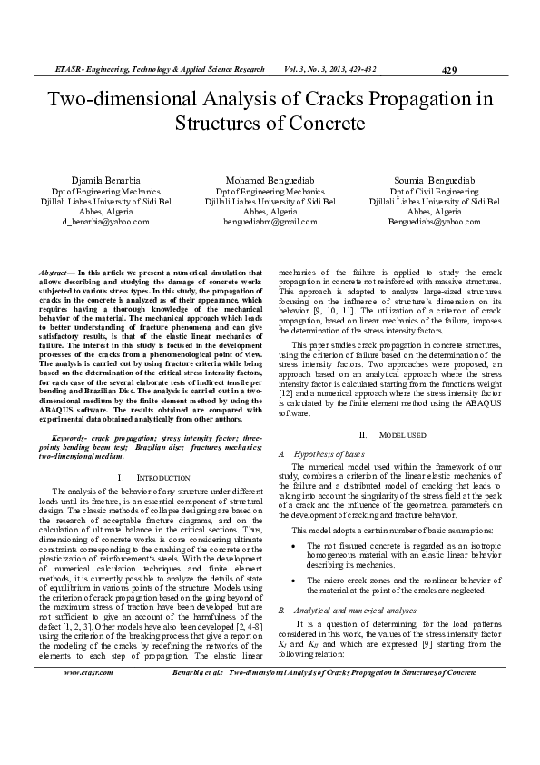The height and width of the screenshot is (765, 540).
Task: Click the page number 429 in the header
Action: click(447, 70)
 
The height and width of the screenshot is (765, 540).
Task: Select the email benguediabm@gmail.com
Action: click(270, 221)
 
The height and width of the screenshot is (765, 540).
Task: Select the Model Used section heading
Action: click(402, 436)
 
